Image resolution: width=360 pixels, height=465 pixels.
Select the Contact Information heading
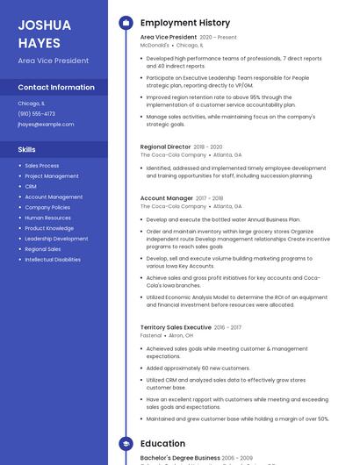(x=56, y=88)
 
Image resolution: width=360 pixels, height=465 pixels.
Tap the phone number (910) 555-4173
(x=36, y=114)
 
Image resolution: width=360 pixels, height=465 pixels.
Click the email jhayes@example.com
(x=46, y=125)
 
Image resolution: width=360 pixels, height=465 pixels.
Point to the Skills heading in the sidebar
(x=26, y=150)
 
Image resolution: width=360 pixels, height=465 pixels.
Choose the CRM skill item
(x=31, y=187)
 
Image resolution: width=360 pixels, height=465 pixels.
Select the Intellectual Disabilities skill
(x=53, y=260)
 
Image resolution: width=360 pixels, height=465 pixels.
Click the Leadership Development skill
(x=56, y=239)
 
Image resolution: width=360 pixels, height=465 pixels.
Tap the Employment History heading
(x=185, y=23)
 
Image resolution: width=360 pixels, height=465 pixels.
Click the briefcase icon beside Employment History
(x=126, y=23)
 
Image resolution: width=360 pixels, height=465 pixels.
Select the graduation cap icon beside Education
(x=126, y=444)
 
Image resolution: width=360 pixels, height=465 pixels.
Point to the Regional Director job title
(x=165, y=147)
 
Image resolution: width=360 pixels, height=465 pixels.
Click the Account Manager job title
(x=166, y=198)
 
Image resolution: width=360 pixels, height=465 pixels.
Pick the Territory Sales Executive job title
(x=176, y=327)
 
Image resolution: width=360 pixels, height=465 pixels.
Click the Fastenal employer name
(x=151, y=335)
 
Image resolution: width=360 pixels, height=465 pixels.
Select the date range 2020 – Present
(x=219, y=38)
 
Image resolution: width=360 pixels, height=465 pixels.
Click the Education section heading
(x=162, y=444)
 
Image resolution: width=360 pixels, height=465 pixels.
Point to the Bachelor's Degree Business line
(x=180, y=458)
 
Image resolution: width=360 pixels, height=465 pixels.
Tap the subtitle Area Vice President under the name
(x=53, y=61)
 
